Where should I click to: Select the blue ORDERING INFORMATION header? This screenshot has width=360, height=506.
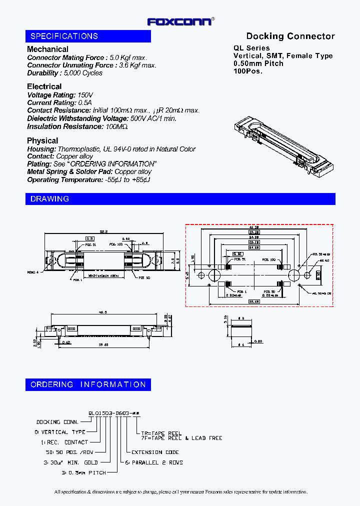88,384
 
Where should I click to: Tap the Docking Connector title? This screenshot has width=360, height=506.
290,36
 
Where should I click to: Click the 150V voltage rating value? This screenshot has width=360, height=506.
85,95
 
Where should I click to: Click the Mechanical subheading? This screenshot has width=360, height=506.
47,49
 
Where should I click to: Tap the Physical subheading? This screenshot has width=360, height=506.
42,140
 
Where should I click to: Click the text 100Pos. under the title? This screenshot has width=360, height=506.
248,71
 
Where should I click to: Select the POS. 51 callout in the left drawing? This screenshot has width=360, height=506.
90,245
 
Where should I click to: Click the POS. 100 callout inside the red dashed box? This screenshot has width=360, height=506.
268,260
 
